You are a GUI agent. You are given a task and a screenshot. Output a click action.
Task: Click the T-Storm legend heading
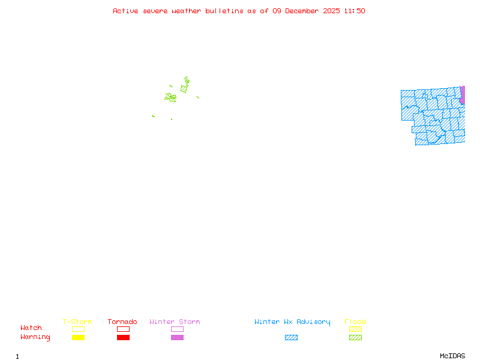tap(77, 322)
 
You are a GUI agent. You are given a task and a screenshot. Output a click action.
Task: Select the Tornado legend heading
tap(122, 322)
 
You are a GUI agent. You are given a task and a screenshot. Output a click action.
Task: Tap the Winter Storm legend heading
tap(175, 322)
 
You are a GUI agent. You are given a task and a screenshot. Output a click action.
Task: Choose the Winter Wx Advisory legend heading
tap(292, 322)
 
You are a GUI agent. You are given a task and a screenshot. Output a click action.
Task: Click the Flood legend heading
tap(355, 322)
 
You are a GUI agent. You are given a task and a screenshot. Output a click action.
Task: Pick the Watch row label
tap(31, 328)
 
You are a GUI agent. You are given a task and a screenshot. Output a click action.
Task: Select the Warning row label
tap(35, 337)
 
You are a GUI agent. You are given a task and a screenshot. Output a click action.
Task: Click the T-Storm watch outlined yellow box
tap(78, 329)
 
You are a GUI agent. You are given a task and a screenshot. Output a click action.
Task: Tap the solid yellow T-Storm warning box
tap(78, 338)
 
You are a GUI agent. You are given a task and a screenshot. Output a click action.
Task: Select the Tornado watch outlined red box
tap(123, 329)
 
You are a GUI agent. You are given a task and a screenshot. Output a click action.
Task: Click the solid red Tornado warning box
tap(123, 338)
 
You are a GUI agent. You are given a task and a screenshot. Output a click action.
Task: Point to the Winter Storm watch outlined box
tap(177, 329)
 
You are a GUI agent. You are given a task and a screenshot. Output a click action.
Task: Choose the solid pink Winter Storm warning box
tap(177, 338)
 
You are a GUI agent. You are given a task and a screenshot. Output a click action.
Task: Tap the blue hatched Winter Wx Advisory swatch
tap(291, 338)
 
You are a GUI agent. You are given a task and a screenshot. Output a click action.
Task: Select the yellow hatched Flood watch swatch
tap(355, 329)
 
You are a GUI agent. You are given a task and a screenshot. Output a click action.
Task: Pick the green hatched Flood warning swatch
tap(355, 338)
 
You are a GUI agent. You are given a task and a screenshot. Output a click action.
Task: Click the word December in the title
tap(302, 11)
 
